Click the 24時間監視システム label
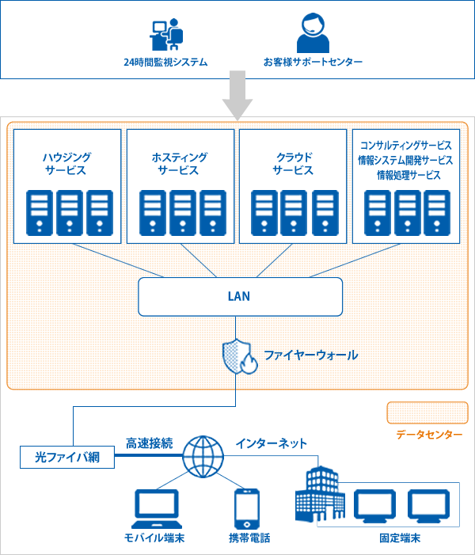click(x=166, y=62)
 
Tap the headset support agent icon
click(x=313, y=32)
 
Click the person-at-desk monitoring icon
click(x=166, y=33)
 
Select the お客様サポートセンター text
click(x=313, y=62)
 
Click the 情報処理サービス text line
click(x=408, y=174)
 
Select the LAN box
click(x=241, y=296)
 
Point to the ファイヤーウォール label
click(x=310, y=355)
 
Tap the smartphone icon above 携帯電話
click(x=246, y=508)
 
